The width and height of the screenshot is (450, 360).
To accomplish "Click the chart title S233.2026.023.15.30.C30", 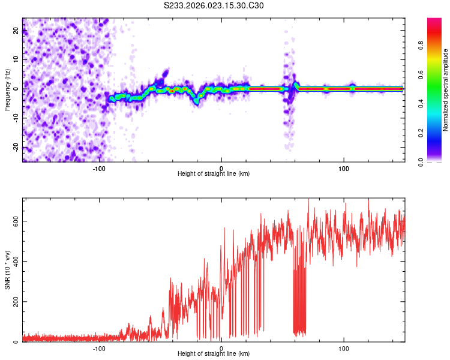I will click(214, 6).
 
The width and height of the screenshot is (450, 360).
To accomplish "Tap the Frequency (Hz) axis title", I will click(7, 90).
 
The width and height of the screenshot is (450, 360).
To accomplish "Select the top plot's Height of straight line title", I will click(214, 174).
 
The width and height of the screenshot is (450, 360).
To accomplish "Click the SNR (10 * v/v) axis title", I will click(7, 270).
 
